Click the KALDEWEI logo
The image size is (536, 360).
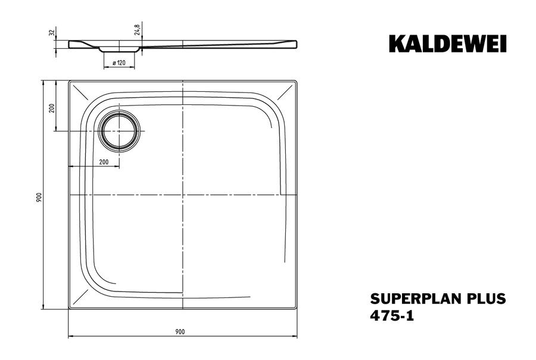447,44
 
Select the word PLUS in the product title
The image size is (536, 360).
486,299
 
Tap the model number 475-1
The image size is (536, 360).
392,315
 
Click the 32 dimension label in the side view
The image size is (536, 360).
52,33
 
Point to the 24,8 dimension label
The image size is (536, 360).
137,30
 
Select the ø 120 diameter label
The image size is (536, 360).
119,63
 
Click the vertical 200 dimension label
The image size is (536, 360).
52,108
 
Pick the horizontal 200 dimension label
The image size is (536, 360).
104,162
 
